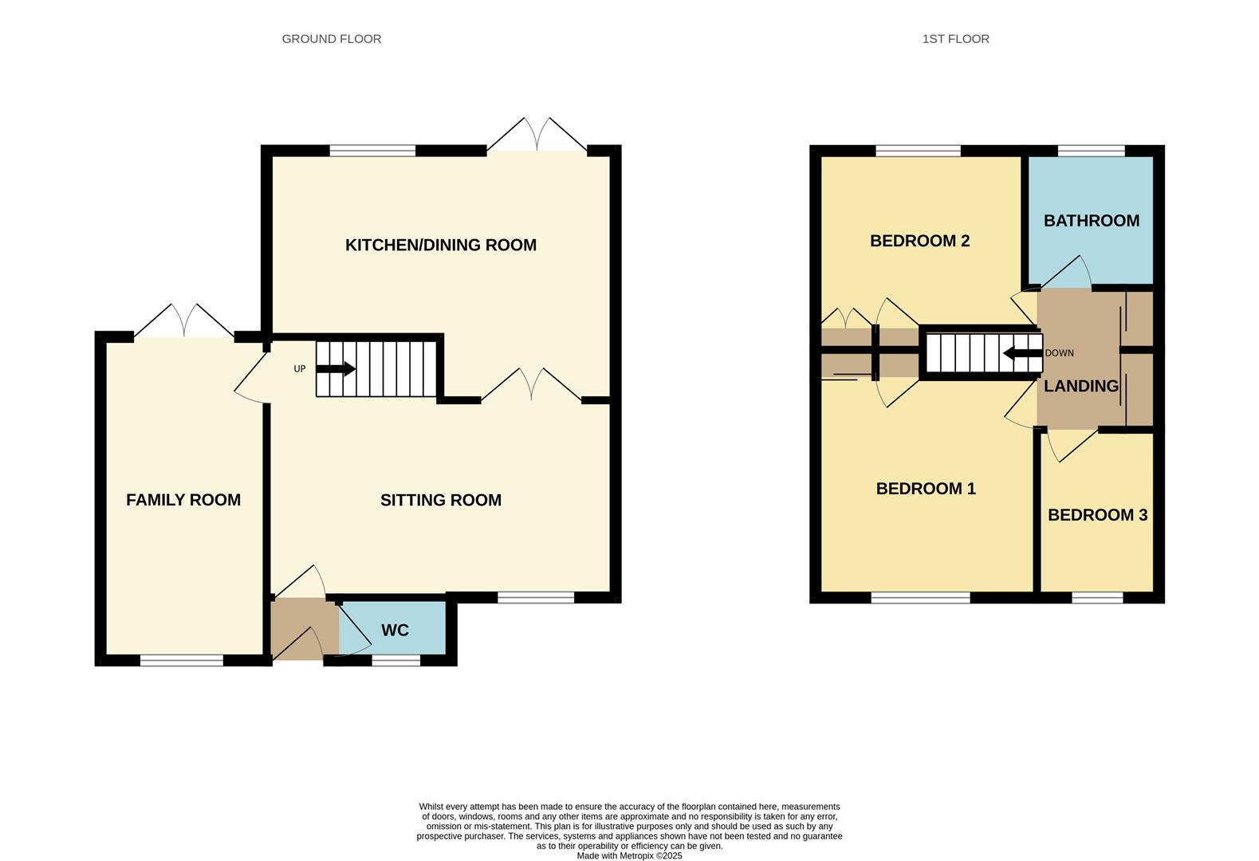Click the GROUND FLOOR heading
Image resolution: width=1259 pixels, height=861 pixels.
click(331, 38)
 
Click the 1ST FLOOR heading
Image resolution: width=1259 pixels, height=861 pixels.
click(955, 38)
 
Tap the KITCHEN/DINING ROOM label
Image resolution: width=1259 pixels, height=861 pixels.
click(440, 245)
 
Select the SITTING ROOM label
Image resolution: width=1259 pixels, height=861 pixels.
click(440, 500)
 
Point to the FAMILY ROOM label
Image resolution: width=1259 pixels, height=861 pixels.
click(183, 500)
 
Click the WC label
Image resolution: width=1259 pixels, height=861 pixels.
click(395, 630)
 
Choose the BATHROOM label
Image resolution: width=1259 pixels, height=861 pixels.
click(1091, 221)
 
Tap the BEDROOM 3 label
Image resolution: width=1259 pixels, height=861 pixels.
click(1097, 515)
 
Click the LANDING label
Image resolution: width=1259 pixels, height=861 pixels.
click(1081, 386)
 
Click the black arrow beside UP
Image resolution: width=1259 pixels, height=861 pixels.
click(336, 369)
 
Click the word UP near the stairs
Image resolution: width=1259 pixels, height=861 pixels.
click(300, 369)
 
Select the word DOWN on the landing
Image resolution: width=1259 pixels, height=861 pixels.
click(1059, 353)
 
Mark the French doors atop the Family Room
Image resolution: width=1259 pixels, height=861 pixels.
click(184, 322)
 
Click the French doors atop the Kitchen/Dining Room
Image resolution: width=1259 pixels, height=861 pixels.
click(537, 136)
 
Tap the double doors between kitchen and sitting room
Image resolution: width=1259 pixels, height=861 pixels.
click(531, 385)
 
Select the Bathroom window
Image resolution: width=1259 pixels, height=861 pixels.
click(1091, 151)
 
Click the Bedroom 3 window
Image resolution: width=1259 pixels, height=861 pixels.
click(1097, 597)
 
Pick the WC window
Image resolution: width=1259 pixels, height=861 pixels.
click(396, 660)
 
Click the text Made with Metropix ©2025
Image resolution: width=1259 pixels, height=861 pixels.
click(629, 855)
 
